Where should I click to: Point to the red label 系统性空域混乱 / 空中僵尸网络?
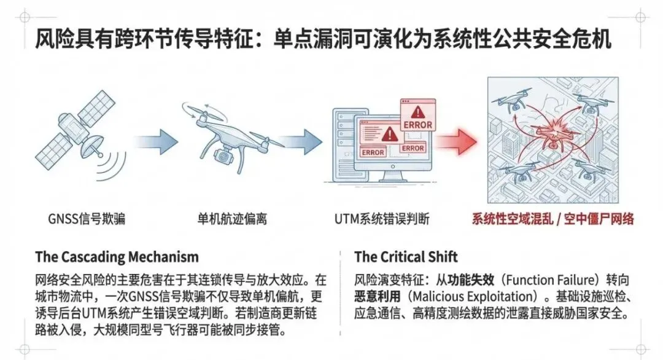[x=552, y=219]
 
